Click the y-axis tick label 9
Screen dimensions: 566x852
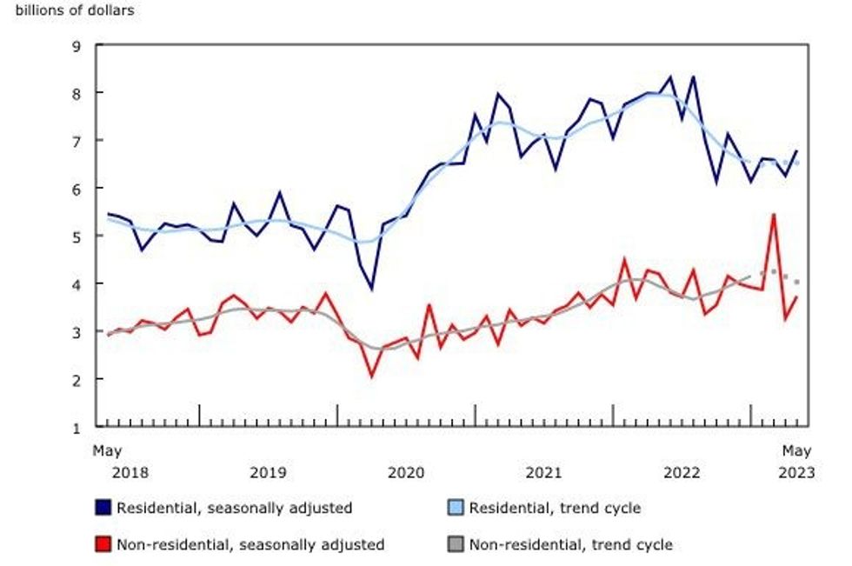tap(76, 44)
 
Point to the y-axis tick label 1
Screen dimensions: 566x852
tap(76, 427)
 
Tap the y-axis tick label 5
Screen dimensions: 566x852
tap(76, 236)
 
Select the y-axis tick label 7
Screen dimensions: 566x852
tap(76, 140)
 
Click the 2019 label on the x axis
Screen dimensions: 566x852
tap(267, 472)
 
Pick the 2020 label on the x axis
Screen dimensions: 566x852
tap(405, 472)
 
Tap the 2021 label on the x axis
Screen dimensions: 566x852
tap(543, 472)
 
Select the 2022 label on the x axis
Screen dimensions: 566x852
tap(682, 472)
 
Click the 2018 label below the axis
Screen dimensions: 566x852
tap(130, 472)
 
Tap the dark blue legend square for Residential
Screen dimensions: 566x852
tap(103, 507)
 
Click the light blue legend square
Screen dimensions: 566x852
tap(455, 507)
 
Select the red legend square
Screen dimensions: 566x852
tap(103, 545)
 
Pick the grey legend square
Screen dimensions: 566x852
tap(455, 545)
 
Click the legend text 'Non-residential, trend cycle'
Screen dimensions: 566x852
tap(570, 545)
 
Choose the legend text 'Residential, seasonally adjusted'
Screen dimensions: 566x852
tap(234, 507)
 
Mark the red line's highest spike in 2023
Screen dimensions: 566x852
tap(773, 214)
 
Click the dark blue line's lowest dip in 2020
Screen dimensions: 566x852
tap(372, 289)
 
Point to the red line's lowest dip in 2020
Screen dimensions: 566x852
tap(372, 376)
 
